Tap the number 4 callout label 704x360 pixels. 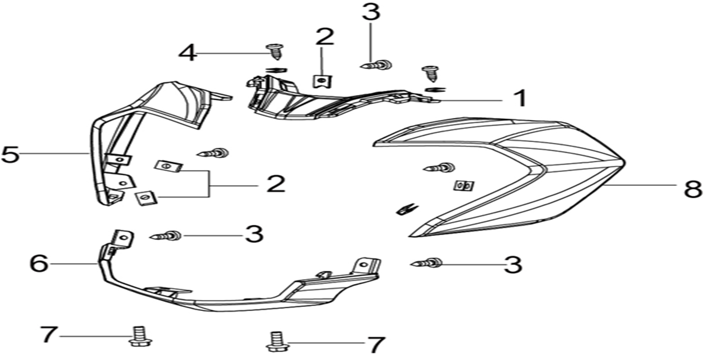(188, 53)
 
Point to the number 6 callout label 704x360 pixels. (39, 264)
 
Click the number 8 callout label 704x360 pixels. (693, 188)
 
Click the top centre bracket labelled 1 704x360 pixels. (323, 102)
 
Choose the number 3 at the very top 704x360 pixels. (370, 12)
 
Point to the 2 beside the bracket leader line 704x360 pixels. (275, 184)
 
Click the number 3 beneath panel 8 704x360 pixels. (513, 265)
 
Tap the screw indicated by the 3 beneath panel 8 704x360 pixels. (429, 263)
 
